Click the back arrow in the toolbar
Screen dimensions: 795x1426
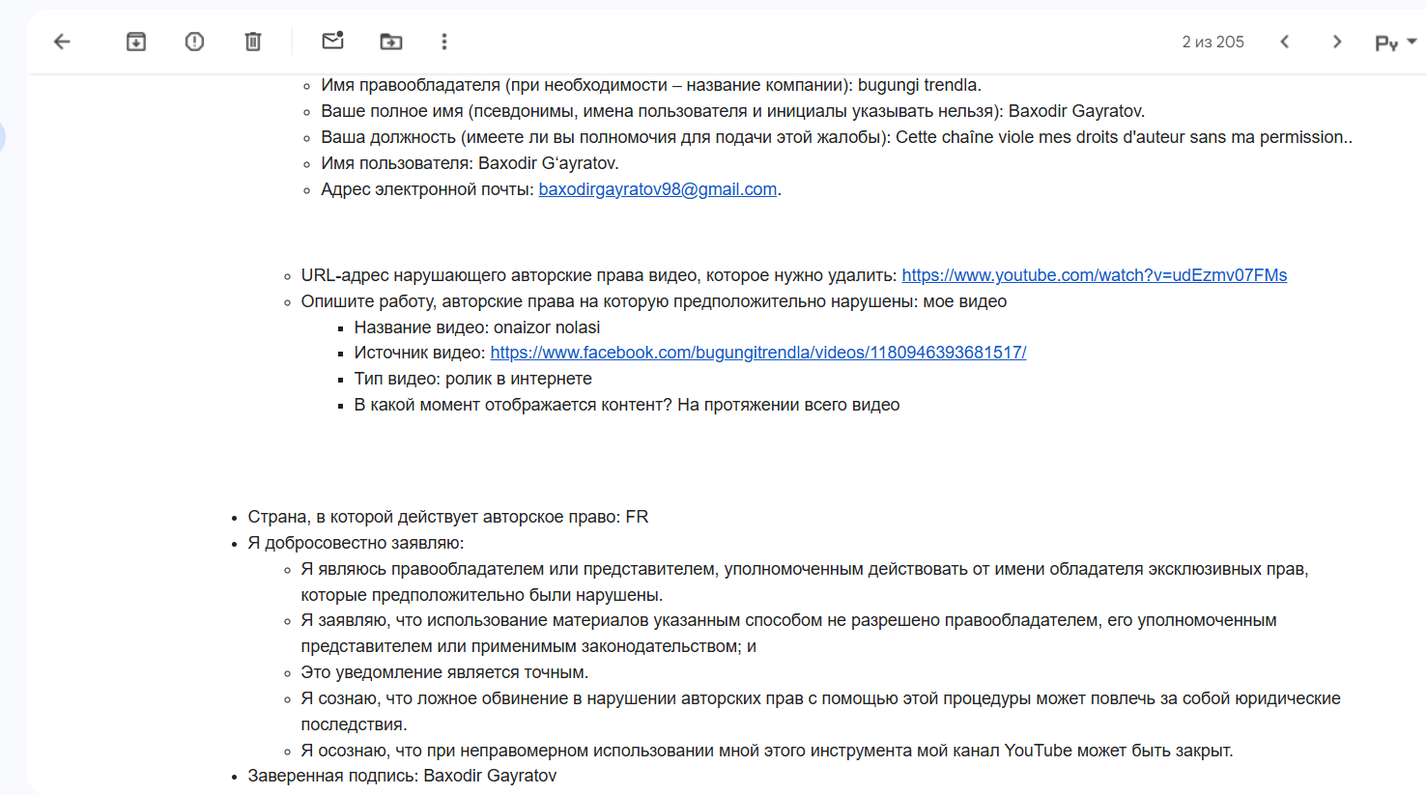[62, 42]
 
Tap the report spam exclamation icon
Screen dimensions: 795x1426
[194, 42]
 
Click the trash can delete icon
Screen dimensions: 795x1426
[253, 42]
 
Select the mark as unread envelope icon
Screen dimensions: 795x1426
[332, 41]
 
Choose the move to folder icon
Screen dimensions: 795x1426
[390, 42]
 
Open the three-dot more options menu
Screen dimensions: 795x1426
[444, 42]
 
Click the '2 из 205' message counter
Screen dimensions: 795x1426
[1212, 42]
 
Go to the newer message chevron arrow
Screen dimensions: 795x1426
[1285, 42]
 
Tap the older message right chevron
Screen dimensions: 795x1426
[1337, 42]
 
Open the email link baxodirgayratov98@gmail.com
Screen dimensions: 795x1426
[657, 189]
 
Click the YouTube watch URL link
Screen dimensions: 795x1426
[1094, 275]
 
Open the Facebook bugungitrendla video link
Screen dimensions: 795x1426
[757, 353]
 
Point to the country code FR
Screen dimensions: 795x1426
[637, 517]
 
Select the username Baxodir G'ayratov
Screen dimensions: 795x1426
[548, 163]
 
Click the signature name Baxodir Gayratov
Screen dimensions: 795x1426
[490, 776]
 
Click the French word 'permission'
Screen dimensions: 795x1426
[1300, 137]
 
